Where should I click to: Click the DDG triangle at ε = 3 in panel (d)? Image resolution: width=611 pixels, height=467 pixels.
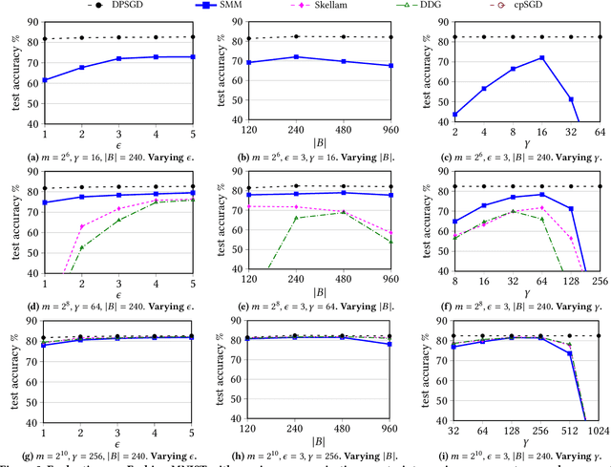[x=118, y=220]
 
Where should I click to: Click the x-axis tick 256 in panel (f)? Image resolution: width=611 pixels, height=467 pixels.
[x=600, y=283]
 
